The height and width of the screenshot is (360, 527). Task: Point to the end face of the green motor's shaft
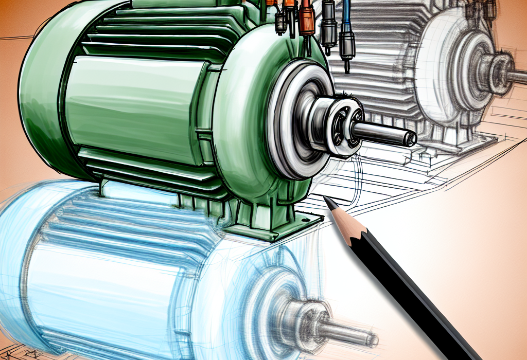coord(411,138)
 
